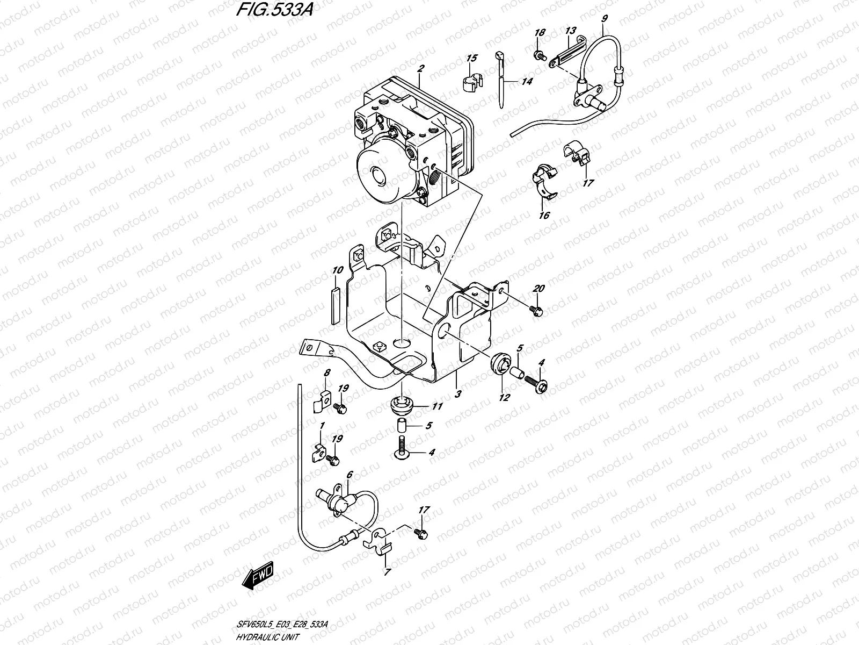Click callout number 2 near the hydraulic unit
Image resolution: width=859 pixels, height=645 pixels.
(421, 68)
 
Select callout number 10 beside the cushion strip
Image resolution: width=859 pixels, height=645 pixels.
(337, 270)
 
